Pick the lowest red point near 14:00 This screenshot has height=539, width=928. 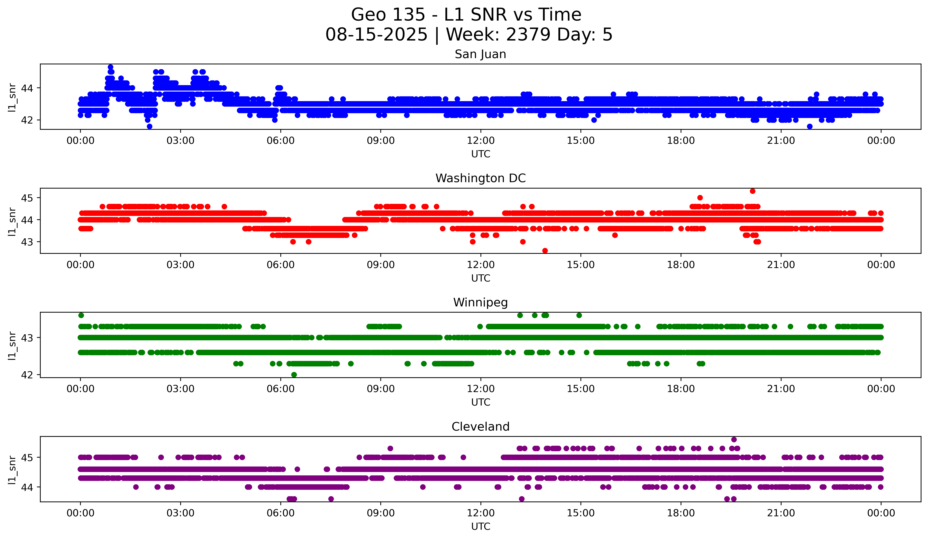[545, 251]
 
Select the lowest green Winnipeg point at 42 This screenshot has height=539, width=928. [294, 375]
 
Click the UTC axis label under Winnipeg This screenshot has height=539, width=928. [481, 402]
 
